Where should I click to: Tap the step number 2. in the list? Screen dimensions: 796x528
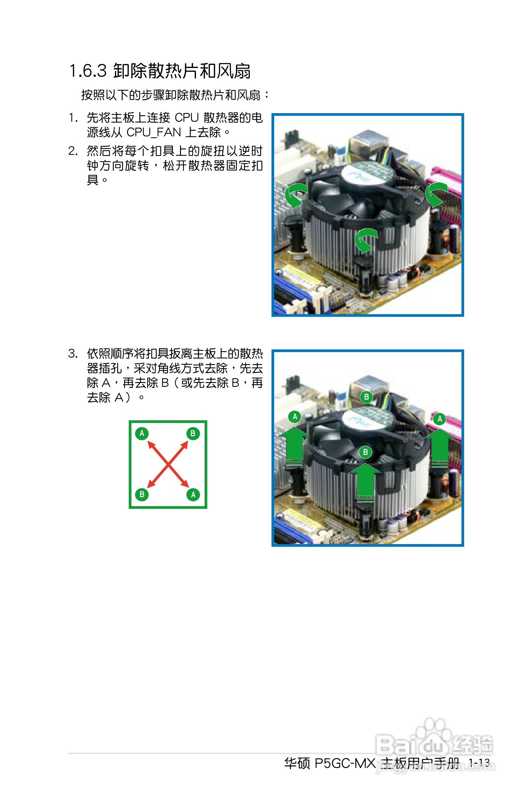click(x=73, y=151)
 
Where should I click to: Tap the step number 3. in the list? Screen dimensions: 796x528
click(x=73, y=353)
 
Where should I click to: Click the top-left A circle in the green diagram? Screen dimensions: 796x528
click(x=142, y=433)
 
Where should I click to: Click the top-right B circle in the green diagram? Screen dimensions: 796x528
click(x=193, y=433)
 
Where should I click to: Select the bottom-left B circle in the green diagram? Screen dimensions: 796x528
click(x=142, y=494)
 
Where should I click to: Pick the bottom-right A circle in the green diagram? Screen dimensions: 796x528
click(x=193, y=495)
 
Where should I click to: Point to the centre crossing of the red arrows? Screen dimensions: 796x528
click(x=168, y=464)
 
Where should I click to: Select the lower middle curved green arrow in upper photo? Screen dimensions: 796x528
click(x=365, y=240)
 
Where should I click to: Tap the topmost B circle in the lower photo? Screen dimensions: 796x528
click(x=366, y=397)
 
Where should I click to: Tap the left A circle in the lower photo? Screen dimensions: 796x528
click(x=295, y=417)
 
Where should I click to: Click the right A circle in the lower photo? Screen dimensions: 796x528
click(x=440, y=419)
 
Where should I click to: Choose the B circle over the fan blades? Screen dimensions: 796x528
click(x=365, y=452)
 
